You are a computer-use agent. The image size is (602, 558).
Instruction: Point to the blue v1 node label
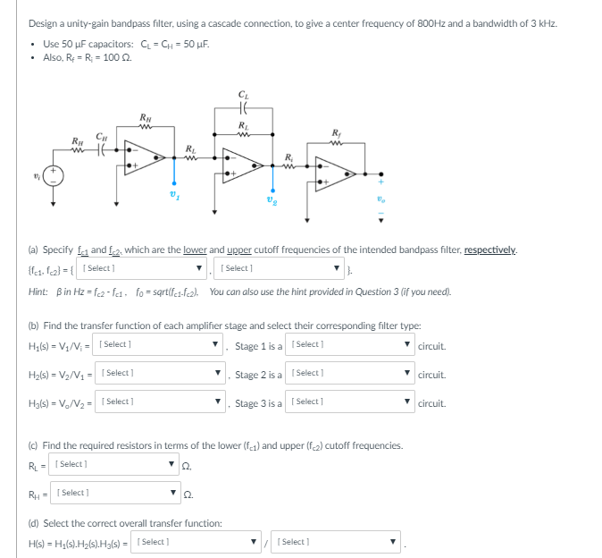[174, 194]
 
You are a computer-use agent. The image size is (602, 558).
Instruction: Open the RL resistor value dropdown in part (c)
[115, 463]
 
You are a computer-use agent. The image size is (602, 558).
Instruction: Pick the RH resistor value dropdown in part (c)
[115, 493]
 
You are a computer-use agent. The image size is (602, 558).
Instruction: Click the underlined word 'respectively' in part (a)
[489, 249]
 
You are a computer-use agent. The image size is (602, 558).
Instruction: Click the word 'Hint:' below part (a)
[40, 292]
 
